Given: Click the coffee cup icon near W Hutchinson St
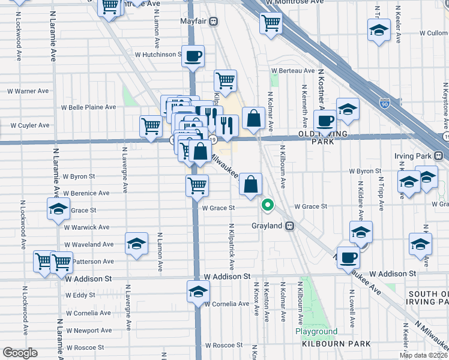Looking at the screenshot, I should [193, 56].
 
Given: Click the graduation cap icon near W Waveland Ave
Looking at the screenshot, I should [137, 244].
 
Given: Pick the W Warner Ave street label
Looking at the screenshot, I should [28, 91].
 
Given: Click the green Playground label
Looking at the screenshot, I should [316, 331].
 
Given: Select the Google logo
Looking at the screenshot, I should [20, 353].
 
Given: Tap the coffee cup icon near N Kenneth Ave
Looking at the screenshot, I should [325, 121].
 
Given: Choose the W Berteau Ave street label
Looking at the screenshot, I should [292, 70].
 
